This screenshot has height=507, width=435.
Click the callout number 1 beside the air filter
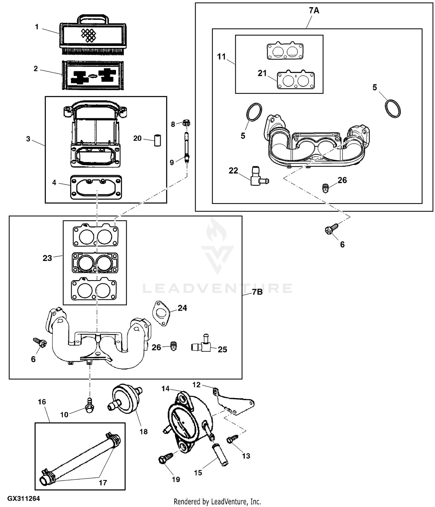(x=37, y=27)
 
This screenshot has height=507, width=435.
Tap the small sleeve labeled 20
(x=157, y=140)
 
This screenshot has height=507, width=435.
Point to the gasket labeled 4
(x=96, y=187)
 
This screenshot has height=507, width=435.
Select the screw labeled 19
(x=166, y=458)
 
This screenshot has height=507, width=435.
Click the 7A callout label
(x=314, y=11)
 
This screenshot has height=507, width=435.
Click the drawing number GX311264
(x=23, y=499)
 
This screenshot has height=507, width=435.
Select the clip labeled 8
(x=186, y=123)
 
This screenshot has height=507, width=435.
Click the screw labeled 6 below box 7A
(x=331, y=228)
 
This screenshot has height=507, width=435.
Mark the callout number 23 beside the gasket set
(x=47, y=258)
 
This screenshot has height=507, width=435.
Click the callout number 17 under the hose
(x=103, y=483)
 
